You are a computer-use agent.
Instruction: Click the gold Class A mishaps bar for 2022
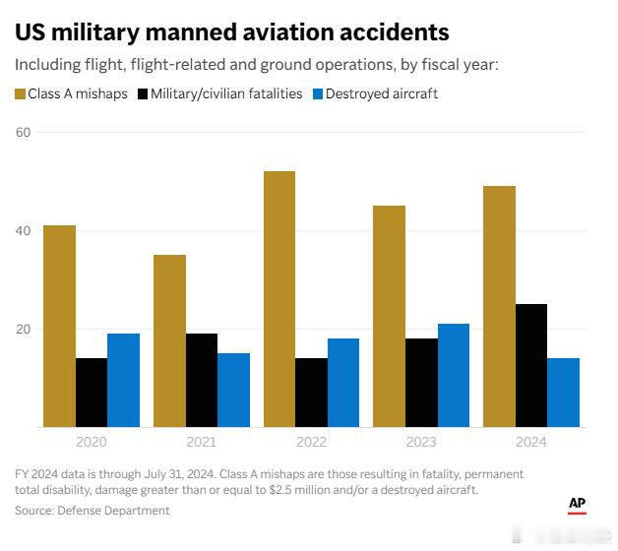tap(279, 299)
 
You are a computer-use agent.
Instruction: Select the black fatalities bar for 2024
tap(531, 365)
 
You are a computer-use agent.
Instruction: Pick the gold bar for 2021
tap(169, 340)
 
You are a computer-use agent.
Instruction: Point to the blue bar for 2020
tap(123, 380)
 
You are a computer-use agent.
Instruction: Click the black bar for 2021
tap(202, 380)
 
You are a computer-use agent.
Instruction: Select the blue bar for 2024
tap(564, 393)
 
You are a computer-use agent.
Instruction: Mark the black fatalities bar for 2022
tap(311, 393)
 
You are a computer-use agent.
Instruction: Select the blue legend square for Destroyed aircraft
tap(318, 94)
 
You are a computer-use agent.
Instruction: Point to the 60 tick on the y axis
tap(23, 133)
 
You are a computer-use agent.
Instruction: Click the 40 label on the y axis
tap(23, 231)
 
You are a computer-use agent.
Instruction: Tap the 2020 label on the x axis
tap(91, 443)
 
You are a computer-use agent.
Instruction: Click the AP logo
tap(578, 505)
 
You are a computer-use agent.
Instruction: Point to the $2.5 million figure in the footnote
tap(292, 490)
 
